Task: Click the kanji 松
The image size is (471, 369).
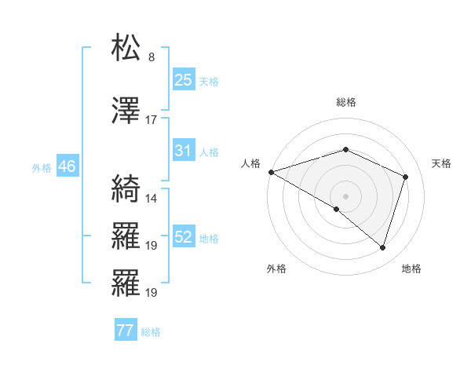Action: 126,48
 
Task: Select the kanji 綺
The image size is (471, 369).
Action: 126,188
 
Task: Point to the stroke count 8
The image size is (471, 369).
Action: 152,57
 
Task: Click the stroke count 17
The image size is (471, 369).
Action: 152,120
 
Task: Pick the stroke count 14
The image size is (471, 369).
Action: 152,198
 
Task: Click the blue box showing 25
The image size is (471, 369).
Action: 184,80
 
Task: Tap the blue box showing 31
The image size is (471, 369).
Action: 184,150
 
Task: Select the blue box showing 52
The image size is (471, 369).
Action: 184,237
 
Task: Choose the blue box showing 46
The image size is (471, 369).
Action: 67,166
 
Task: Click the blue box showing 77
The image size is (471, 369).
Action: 126,331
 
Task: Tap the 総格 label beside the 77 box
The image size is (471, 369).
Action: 151,332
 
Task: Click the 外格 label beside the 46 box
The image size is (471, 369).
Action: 42,167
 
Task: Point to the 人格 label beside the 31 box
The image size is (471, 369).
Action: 209,152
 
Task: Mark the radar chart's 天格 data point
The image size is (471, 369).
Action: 406,177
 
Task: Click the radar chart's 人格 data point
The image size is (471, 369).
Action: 271,172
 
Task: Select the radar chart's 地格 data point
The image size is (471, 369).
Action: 382,247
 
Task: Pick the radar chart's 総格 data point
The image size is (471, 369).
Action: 345,149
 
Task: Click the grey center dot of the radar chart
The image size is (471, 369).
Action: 345,195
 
